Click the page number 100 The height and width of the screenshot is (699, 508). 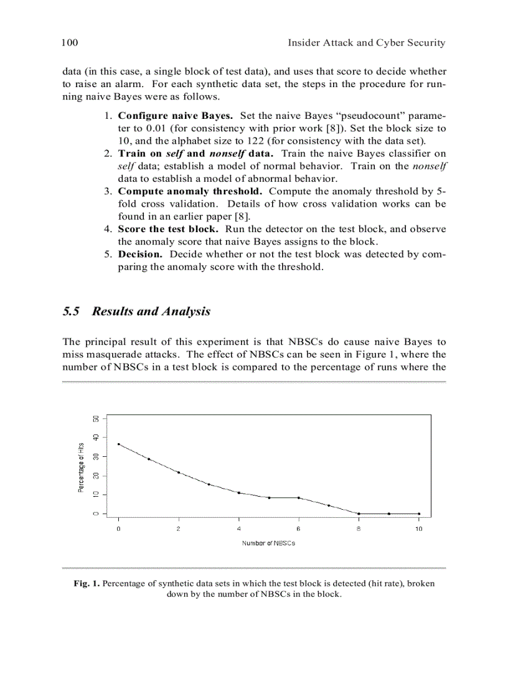pos(69,43)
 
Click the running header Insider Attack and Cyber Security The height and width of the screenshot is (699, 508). pos(366,43)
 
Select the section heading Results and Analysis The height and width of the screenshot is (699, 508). pos(151,311)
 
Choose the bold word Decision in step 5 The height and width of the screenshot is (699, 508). pos(140,254)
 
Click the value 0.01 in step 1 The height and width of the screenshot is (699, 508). pos(156,128)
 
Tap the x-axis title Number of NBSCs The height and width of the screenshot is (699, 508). pos(268,543)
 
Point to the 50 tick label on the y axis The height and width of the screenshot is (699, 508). pos(96,419)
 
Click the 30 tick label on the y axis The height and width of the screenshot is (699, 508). pos(96,456)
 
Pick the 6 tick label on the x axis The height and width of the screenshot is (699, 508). pos(299,528)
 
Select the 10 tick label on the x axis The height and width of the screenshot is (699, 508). pos(418,528)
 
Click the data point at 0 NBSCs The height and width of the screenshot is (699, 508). pos(118,444)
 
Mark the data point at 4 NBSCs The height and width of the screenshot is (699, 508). pos(239,492)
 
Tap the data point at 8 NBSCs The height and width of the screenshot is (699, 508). pos(359,514)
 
